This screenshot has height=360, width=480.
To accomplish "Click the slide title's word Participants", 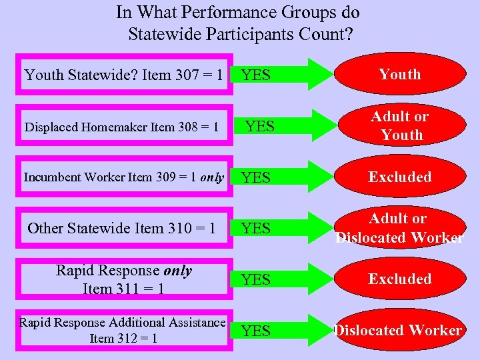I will point(256,33).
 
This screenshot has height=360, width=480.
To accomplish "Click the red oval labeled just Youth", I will point(400,75).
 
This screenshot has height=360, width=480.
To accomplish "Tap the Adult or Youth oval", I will point(400,126).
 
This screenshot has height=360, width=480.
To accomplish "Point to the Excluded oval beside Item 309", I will point(400,177).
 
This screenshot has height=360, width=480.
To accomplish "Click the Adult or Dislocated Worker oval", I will point(400,228).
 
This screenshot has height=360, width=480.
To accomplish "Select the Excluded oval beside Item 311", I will point(400,279).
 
